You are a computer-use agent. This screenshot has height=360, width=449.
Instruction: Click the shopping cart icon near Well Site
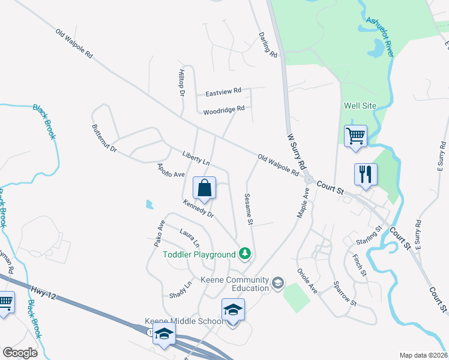pyautogui.click(x=355, y=136)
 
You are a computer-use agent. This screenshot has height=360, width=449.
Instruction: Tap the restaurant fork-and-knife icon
pyautogui.click(x=366, y=175)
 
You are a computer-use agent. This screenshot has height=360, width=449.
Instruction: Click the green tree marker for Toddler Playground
pyautogui.click(x=244, y=254)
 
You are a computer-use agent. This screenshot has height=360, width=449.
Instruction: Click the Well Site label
pyautogui.click(x=360, y=106)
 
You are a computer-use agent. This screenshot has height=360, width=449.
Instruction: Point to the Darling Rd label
pyautogui.click(x=268, y=45)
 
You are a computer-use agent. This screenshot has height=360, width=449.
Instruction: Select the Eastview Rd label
pyautogui.click(x=223, y=92)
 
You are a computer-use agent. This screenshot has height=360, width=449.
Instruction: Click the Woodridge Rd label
pyautogui.click(x=224, y=110)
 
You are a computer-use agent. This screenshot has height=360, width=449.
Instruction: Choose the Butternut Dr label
pyautogui.click(x=104, y=137)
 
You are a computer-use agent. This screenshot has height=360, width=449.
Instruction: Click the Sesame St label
pyautogui.click(x=248, y=209)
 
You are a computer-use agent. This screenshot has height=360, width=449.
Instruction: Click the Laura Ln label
pyautogui.click(x=190, y=237)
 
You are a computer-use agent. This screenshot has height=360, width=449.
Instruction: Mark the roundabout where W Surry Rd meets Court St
pyautogui.click(x=309, y=180)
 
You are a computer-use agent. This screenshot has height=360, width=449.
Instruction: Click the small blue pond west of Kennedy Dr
pyautogui.click(x=149, y=205)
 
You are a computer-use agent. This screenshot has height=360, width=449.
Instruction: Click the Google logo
pyautogui.click(x=20, y=353)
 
